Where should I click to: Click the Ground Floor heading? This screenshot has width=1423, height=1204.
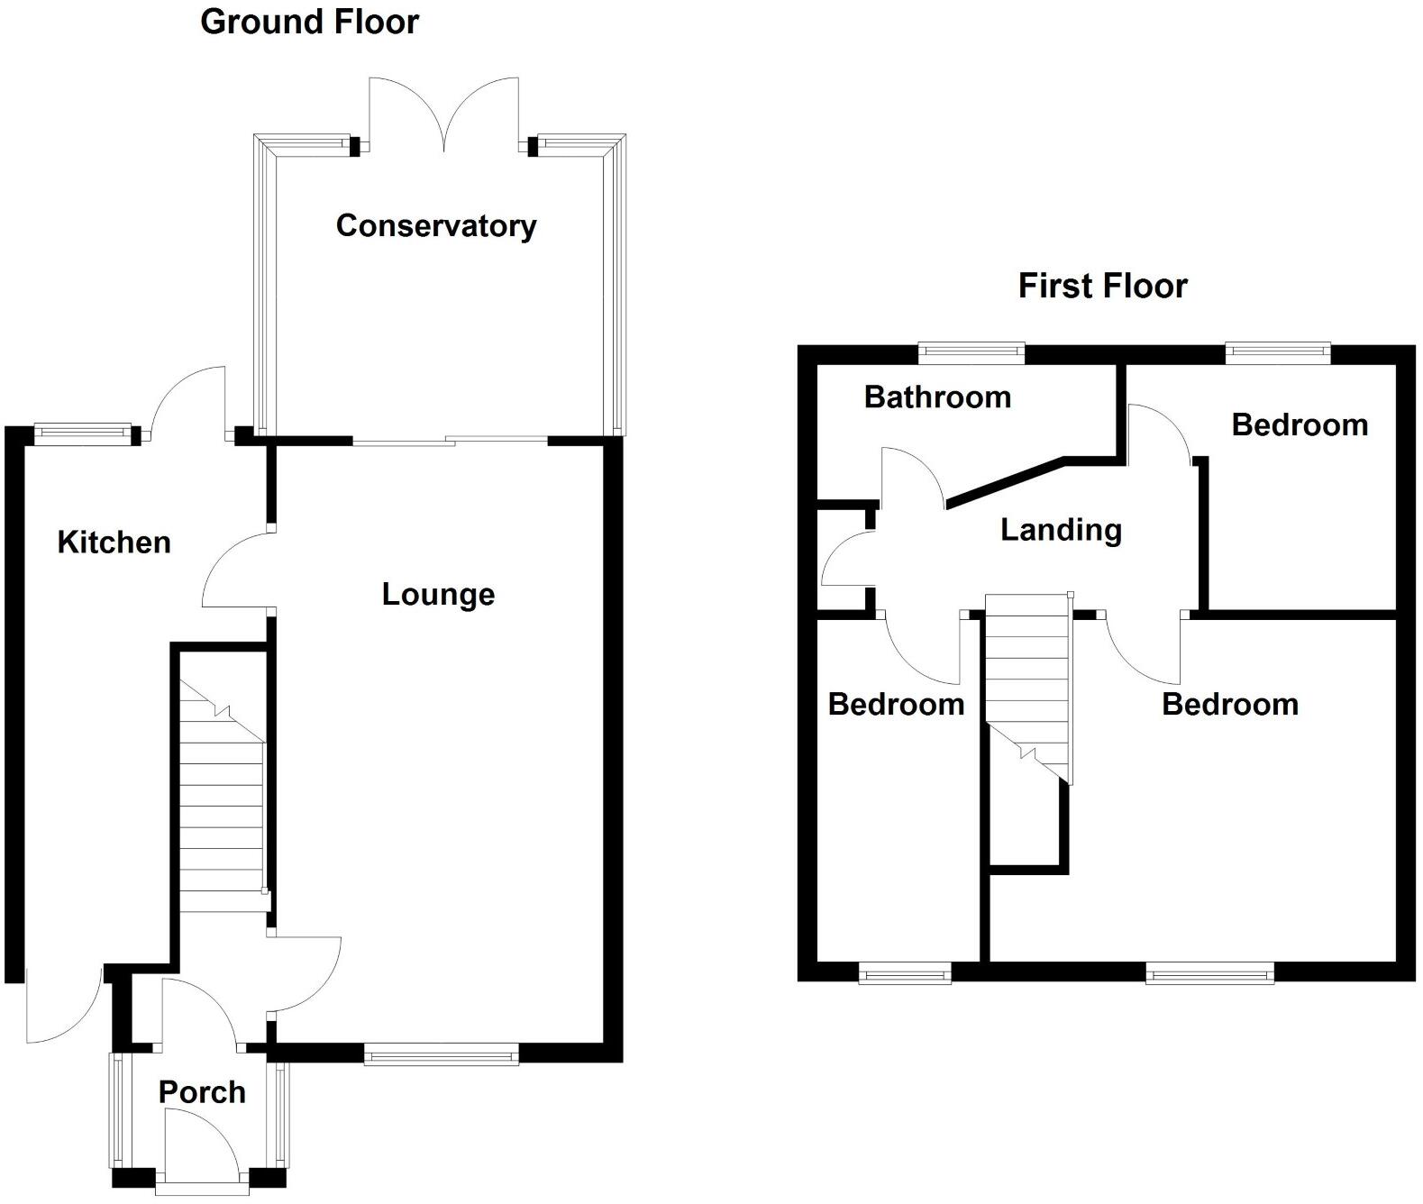point(309,22)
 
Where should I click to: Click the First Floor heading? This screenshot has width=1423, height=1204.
point(1102,286)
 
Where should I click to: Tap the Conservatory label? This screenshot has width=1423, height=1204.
point(436,225)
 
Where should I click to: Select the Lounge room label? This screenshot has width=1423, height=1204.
point(438,594)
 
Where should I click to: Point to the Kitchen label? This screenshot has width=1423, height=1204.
point(114,542)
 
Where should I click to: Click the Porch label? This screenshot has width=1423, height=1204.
point(202,1092)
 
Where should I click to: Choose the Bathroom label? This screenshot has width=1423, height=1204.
point(937,397)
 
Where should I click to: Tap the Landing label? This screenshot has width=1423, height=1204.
point(1061,529)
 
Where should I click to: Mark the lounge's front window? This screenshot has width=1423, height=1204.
point(442,1053)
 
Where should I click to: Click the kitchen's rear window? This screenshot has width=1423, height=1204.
point(83,434)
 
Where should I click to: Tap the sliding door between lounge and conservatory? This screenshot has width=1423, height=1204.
point(450,441)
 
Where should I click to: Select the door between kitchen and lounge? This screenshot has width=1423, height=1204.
point(236,572)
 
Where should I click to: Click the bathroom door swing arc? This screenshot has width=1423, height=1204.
point(912,477)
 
